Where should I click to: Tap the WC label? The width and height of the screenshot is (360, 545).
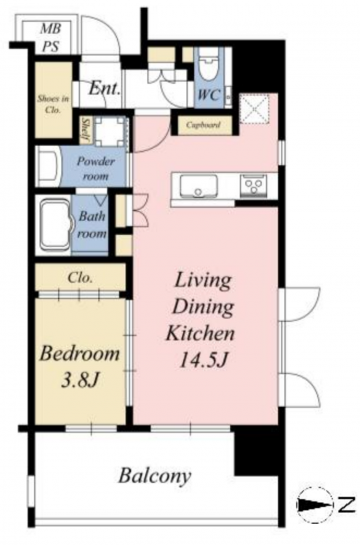click(x=208, y=94)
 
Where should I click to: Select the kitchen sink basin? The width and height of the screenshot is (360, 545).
click(x=199, y=186)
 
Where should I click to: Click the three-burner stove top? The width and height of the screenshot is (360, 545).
click(x=254, y=185)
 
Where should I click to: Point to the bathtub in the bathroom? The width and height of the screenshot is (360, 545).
click(x=55, y=225)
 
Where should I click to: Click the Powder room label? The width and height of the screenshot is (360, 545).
click(x=95, y=169)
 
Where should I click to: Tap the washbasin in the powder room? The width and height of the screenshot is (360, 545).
click(x=49, y=166)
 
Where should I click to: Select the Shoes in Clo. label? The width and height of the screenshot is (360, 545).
click(x=53, y=104)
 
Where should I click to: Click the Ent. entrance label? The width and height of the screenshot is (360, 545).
click(x=104, y=89)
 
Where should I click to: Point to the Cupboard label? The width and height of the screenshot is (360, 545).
click(x=203, y=125)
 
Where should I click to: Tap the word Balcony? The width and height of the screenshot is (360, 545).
click(x=155, y=475)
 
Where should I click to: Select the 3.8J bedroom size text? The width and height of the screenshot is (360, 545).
click(x=81, y=380)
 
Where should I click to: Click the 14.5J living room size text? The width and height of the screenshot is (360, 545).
click(x=203, y=360)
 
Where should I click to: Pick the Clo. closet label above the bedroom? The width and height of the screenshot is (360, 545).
click(x=80, y=278)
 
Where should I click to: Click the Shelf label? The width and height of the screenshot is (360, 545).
click(x=84, y=129)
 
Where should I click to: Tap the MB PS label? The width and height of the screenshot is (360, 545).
click(x=51, y=38)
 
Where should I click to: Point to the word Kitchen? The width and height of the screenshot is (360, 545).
click(x=200, y=333)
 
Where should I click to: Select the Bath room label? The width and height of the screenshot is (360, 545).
click(x=91, y=225)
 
